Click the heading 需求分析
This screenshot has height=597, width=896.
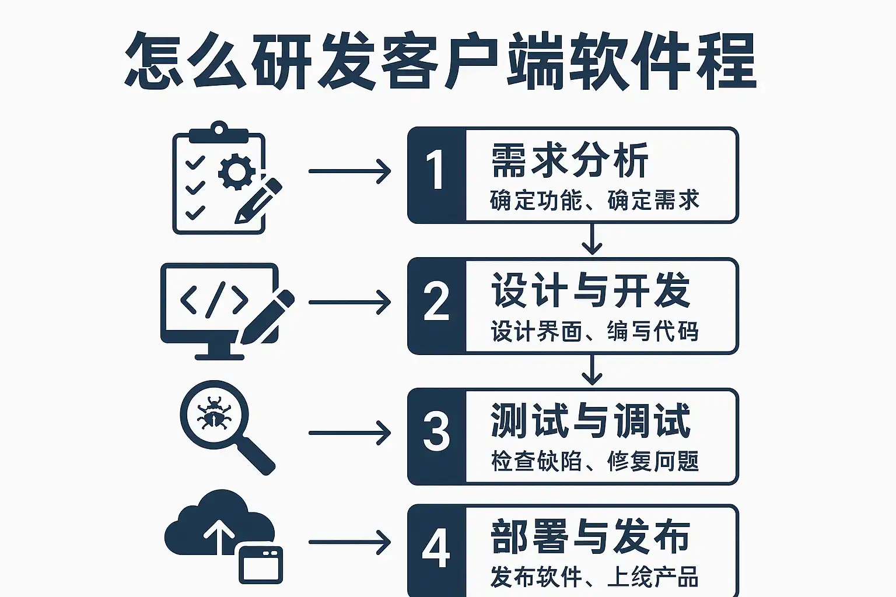pyautogui.click(x=569, y=160)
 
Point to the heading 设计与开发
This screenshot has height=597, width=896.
pyautogui.click(x=590, y=290)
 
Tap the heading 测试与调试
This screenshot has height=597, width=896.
pyautogui.click(x=590, y=420)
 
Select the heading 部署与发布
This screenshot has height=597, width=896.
pyautogui.click(x=590, y=536)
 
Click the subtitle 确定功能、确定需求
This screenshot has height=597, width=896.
pyautogui.click(x=594, y=200)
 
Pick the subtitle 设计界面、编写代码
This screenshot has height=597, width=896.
pyautogui.click(x=594, y=331)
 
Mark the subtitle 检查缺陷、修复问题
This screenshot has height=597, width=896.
pyautogui.click(x=594, y=461)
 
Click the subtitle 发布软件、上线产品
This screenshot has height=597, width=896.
pyautogui.click(x=594, y=577)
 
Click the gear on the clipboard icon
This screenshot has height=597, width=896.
pyautogui.click(x=236, y=171)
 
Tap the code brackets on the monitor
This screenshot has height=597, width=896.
pyautogui.click(x=214, y=300)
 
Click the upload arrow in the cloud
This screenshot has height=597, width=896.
pyautogui.click(x=219, y=535)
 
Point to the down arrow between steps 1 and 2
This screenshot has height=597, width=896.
pyautogui.click(x=592, y=240)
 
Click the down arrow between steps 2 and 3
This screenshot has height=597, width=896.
pyautogui.click(x=592, y=370)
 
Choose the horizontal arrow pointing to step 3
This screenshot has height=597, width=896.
pyautogui.click(x=349, y=433)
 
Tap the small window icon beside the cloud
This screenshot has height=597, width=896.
pyautogui.click(x=261, y=564)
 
